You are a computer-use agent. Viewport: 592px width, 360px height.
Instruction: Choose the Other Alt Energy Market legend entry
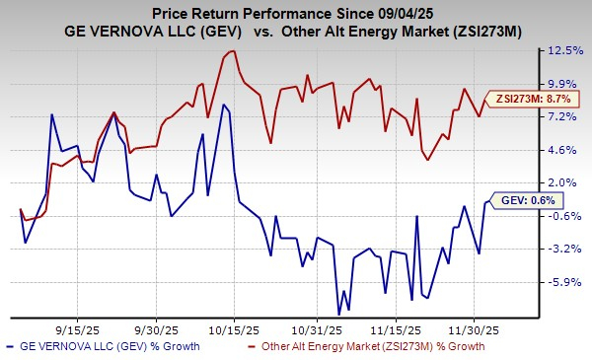(x=393, y=347)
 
